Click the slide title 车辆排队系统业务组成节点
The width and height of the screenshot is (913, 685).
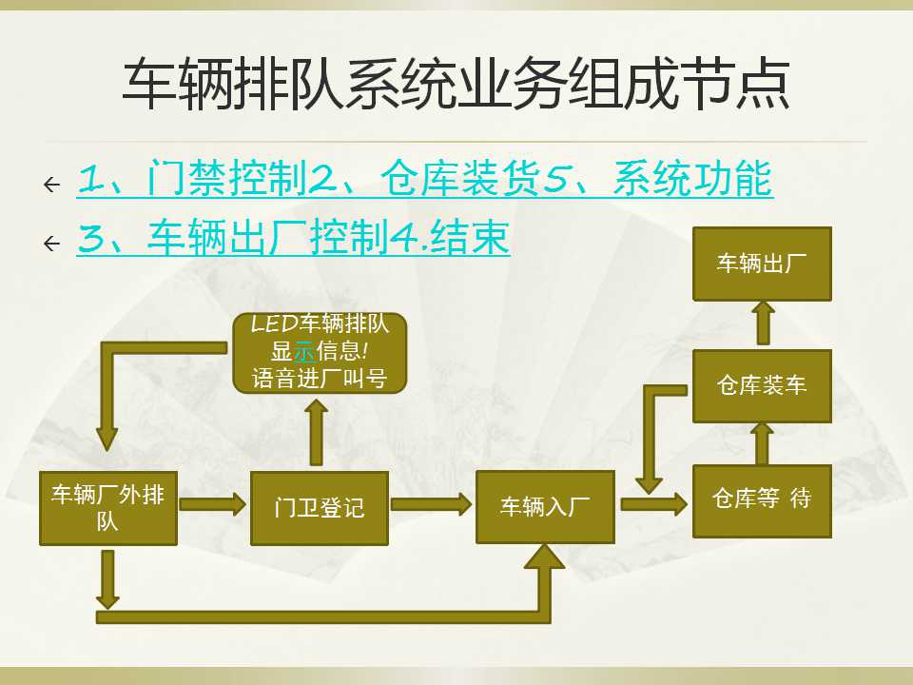coord(456,84)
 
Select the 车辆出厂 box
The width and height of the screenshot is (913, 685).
coord(762,264)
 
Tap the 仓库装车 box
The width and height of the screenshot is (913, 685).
coord(762,386)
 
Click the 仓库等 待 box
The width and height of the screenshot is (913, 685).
coord(762,500)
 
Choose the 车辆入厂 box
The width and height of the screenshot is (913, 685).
coord(545,507)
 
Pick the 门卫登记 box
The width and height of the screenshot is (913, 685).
coord(320,508)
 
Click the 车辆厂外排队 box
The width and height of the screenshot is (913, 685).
coord(108,508)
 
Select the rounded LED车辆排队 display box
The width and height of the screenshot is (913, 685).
coord(320,352)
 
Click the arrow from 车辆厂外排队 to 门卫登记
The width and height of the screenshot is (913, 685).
coord(213,504)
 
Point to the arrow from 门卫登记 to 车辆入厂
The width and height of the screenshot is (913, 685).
coord(432,504)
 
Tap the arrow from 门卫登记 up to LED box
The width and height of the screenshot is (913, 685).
coord(316,432)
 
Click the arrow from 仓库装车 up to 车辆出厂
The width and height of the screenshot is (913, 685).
coord(763,323)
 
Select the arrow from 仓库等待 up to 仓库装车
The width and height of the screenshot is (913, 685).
coord(762,444)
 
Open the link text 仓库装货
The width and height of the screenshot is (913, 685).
coord(460,178)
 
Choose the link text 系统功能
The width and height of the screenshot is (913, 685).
coord(693,178)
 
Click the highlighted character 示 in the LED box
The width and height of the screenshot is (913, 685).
coord(304,352)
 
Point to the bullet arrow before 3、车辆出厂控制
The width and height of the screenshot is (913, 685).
coord(51,243)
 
